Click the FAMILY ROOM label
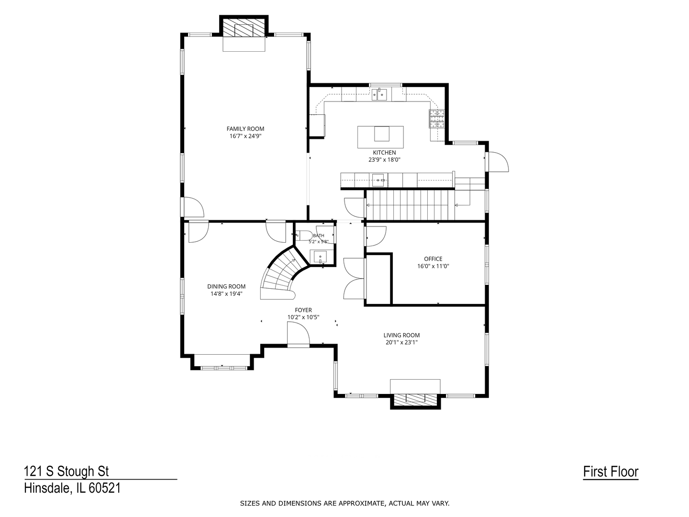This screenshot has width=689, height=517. [x=245, y=129]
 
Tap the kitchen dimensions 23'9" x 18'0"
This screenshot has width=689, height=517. [x=384, y=159]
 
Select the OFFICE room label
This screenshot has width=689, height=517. [x=433, y=259]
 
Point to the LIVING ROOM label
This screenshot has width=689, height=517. [x=401, y=335]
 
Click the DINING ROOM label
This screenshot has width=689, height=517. [x=226, y=286]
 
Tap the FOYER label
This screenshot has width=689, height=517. [x=303, y=310]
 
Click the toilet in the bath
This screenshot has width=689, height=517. [x=303, y=236]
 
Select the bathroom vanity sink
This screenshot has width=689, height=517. [x=318, y=257]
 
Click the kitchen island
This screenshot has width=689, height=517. [x=380, y=137]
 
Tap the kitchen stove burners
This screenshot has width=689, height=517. [x=437, y=119]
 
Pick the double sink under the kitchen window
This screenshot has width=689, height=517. [x=379, y=94]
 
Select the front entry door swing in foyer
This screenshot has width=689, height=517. [x=299, y=334]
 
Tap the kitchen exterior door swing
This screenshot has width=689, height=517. [x=497, y=162]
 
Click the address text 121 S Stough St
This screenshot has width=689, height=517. [x=67, y=472]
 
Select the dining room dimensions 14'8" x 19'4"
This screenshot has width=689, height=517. [x=226, y=294]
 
